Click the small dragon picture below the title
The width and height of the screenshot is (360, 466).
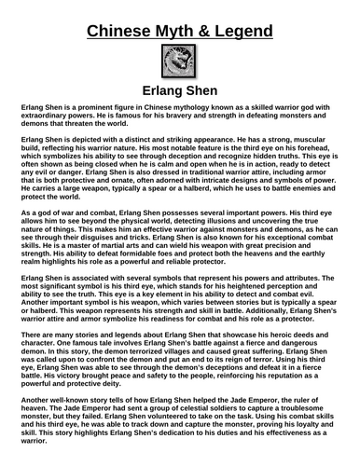coord(180,65)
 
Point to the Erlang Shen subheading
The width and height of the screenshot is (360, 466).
coord(180,93)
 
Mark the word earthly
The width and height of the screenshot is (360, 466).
coord(320,279)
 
